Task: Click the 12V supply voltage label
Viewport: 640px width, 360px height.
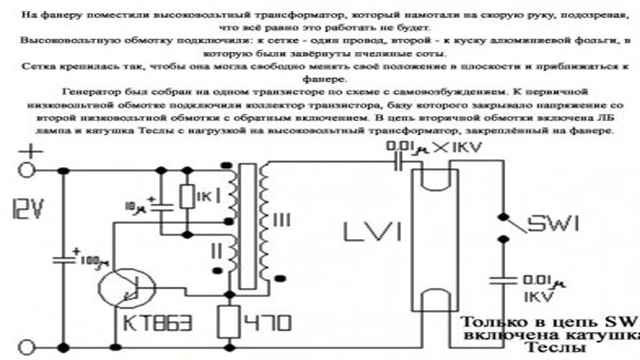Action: click(25, 211)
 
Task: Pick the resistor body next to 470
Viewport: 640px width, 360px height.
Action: click(230, 321)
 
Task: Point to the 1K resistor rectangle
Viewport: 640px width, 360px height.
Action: click(187, 196)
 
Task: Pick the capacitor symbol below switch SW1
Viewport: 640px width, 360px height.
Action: click(502, 281)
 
